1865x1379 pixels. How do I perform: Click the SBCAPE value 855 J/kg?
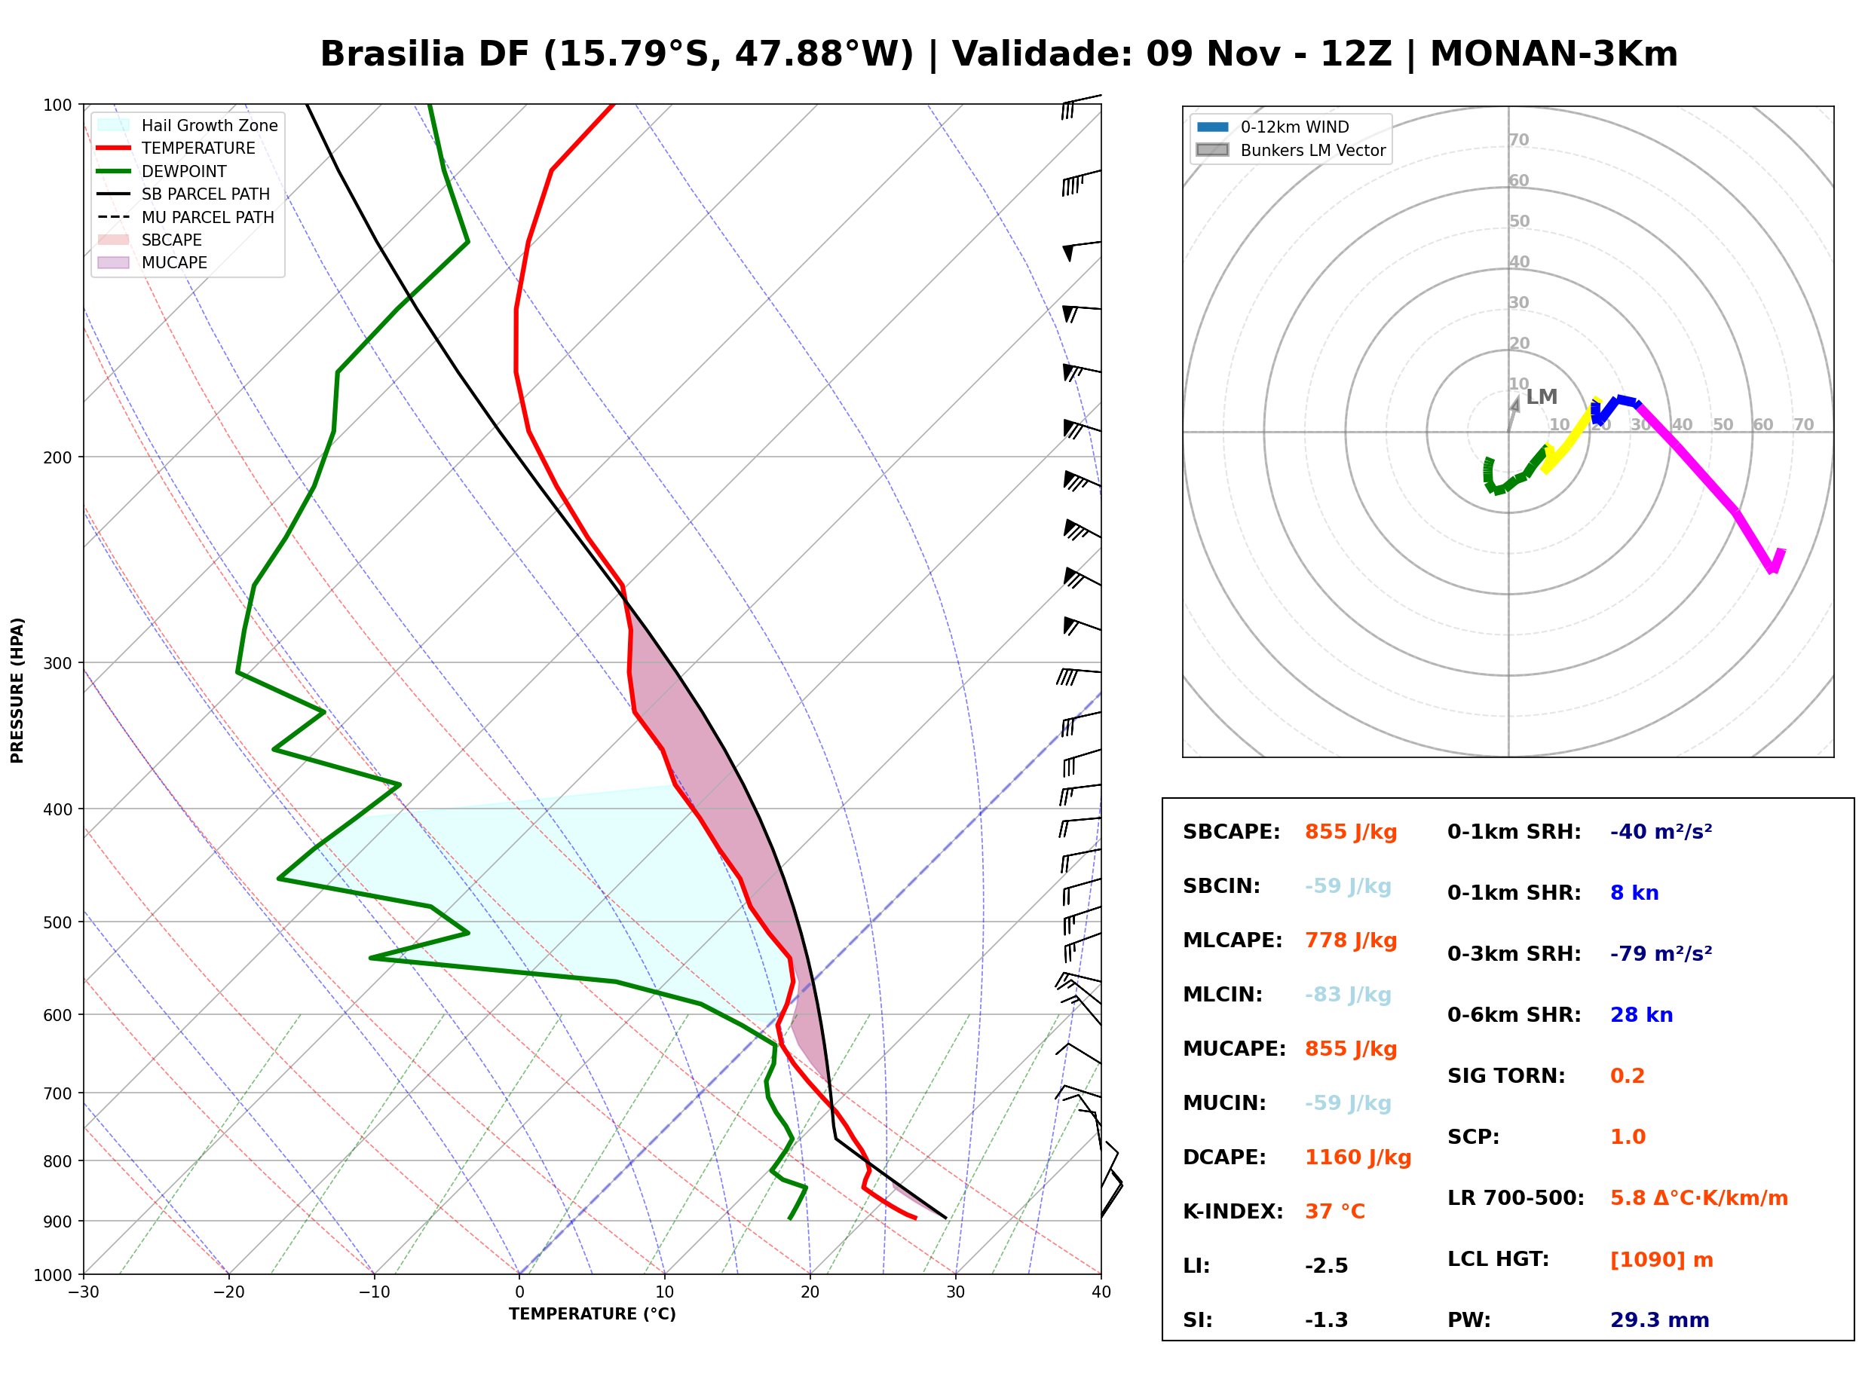point(1351,832)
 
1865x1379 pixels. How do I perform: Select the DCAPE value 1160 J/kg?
point(1358,1157)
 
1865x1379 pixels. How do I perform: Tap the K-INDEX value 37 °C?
point(1335,1212)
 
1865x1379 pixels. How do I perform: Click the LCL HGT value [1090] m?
point(1661,1260)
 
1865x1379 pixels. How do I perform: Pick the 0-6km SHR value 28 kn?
point(1641,1015)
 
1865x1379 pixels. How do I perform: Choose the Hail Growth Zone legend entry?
point(188,125)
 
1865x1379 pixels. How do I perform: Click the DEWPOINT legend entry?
point(162,171)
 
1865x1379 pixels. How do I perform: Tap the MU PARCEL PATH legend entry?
point(185,217)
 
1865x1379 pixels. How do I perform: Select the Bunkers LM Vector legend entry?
point(1291,150)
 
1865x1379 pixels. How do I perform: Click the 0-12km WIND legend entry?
point(1272,127)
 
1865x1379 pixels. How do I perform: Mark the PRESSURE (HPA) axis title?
point(17,690)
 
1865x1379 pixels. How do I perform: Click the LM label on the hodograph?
point(1541,397)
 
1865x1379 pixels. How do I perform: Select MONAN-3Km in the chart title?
point(1554,54)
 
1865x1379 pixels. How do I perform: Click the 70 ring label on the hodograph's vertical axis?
point(1518,139)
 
